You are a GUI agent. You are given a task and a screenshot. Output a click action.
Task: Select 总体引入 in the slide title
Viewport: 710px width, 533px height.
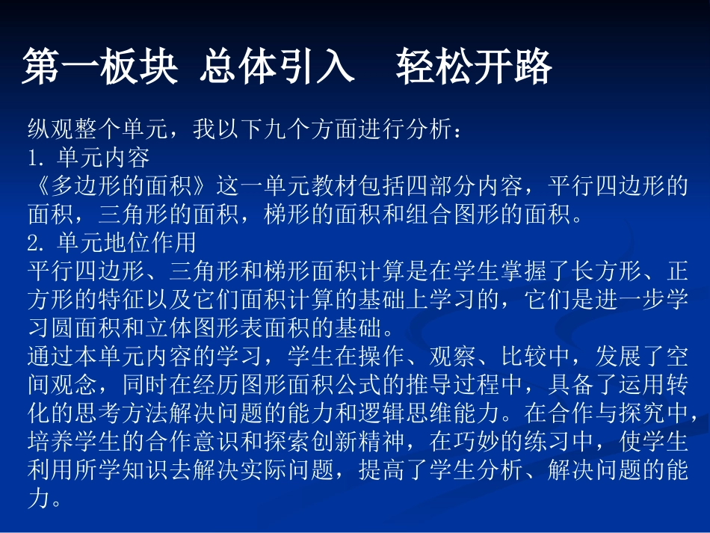[x=277, y=68]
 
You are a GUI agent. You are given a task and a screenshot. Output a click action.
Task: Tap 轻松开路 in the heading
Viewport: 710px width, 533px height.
[x=474, y=68]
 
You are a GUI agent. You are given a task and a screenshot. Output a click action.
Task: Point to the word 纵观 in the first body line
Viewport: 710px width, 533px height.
[x=50, y=131]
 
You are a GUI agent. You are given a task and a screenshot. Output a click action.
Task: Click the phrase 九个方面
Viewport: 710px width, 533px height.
[x=321, y=131]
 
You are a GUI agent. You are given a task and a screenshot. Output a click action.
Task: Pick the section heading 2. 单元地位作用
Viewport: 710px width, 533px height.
[x=112, y=243]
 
